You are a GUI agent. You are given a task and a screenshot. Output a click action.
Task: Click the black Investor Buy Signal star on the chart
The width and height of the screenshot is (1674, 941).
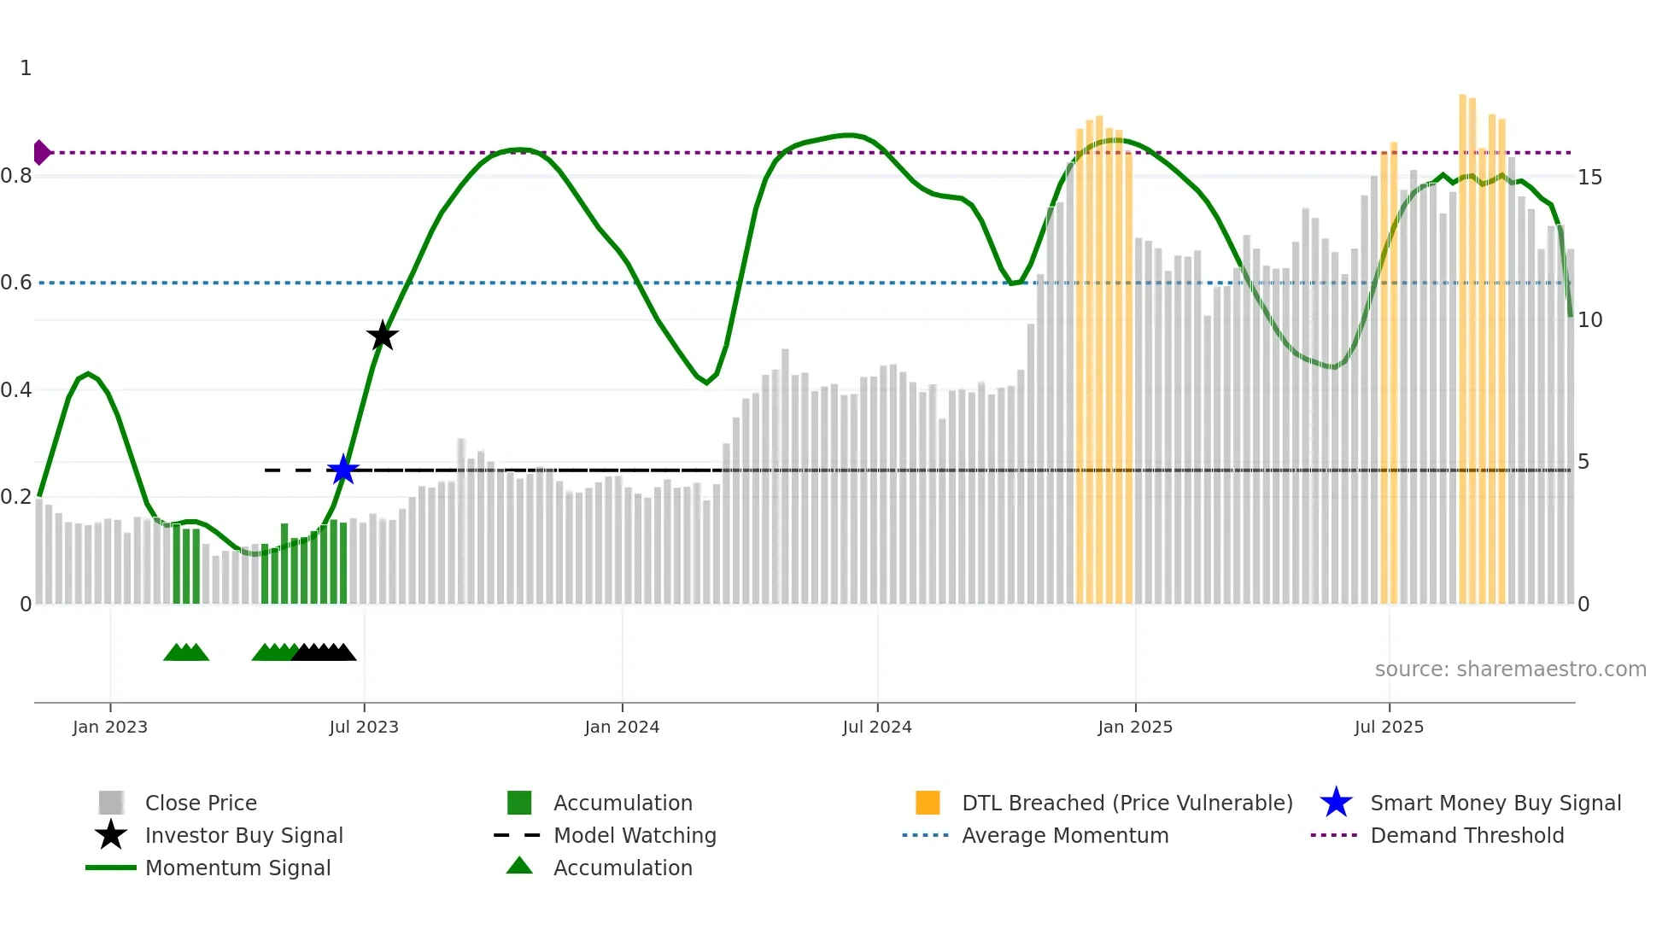[382, 336]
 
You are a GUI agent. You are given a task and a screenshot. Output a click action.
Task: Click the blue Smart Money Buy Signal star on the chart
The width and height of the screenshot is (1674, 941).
[343, 470]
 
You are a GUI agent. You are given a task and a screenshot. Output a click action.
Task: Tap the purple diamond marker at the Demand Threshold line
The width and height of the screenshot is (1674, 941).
[41, 153]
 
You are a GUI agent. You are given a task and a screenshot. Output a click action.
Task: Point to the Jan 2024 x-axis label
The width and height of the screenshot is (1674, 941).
[622, 727]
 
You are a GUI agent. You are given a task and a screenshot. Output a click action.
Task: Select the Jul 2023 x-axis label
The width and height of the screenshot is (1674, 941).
[364, 727]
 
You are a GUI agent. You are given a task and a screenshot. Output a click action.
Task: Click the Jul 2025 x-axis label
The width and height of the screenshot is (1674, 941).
[1389, 727]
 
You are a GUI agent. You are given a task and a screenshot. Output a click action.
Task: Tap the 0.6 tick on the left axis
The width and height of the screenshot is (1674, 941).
[16, 283]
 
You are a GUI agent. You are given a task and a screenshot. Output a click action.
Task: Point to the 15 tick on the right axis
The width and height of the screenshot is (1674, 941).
[1589, 178]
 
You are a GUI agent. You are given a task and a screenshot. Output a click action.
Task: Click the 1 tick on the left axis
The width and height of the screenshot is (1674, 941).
[26, 68]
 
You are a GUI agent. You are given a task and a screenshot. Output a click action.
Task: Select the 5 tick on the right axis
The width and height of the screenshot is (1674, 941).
[1583, 462]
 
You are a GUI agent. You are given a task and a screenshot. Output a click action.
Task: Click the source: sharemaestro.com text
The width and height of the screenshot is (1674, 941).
[1510, 669]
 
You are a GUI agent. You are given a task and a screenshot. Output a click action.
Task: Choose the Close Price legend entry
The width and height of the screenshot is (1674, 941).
[201, 803]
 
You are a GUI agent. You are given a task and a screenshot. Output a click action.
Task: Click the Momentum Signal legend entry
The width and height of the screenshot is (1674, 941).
[237, 868]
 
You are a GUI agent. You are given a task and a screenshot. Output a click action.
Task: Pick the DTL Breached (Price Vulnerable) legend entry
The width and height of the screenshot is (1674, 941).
[1127, 803]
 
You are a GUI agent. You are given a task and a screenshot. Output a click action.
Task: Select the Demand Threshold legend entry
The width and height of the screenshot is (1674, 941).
[1466, 835]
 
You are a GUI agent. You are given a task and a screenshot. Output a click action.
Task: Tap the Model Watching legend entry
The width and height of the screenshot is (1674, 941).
[634, 835]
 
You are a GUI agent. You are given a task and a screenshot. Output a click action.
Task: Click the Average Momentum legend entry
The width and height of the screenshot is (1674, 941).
[1064, 835]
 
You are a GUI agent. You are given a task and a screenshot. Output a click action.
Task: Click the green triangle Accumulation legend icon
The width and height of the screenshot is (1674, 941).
[519, 866]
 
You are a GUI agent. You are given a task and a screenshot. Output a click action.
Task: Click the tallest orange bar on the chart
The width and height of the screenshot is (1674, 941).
[1462, 342]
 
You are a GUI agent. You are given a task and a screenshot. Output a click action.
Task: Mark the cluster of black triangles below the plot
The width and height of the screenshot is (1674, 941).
[324, 652]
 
